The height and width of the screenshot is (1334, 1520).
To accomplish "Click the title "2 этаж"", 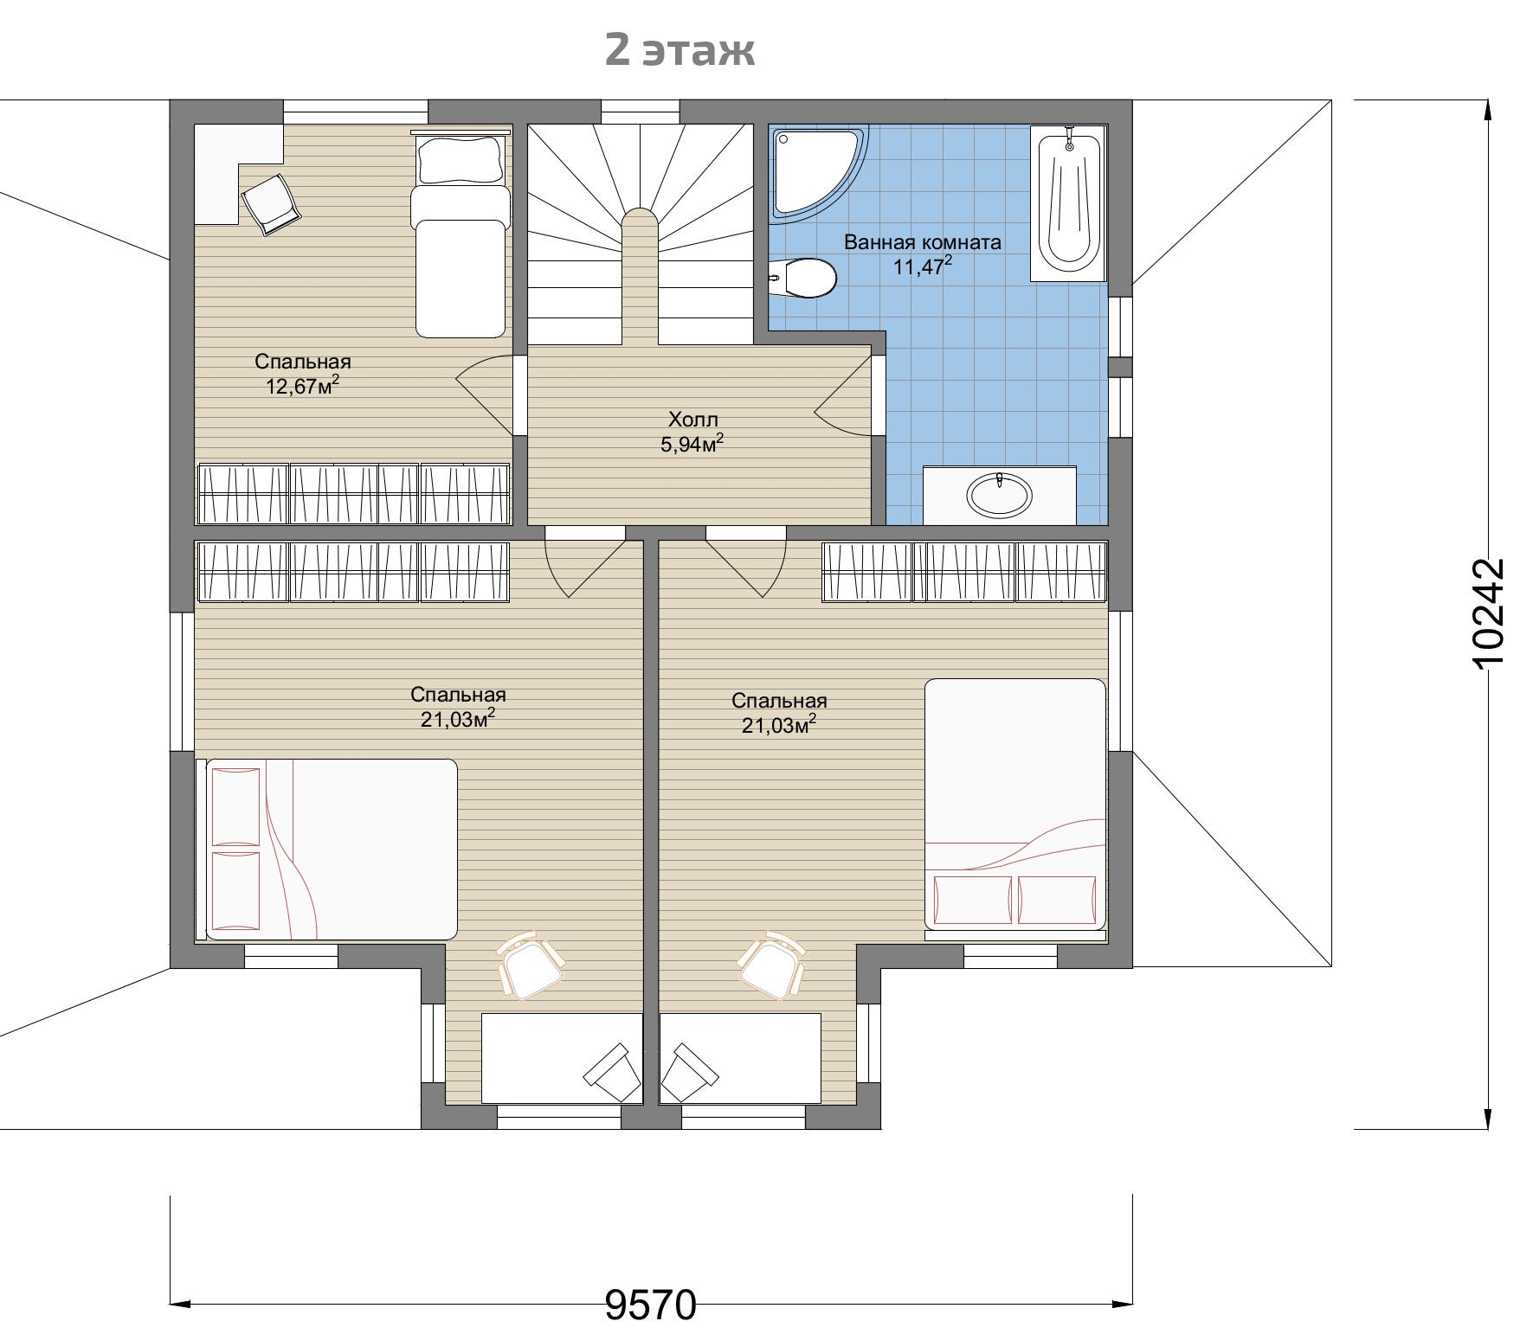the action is pyautogui.click(x=679, y=49).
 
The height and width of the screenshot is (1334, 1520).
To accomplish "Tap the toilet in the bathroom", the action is pyautogui.click(x=802, y=278).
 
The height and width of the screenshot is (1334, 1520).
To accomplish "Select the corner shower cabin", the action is pyautogui.click(x=819, y=172).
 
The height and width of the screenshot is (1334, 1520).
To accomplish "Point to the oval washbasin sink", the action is pyautogui.click(x=1000, y=495).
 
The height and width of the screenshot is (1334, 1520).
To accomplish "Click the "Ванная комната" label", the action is pyautogui.click(x=923, y=242).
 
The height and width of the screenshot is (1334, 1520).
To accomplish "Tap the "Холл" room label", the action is pyautogui.click(x=692, y=420).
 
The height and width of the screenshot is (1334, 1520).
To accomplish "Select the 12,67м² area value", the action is pyautogui.click(x=302, y=386).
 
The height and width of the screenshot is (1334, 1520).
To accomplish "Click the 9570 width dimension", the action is pyautogui.click(x=650, y=1304).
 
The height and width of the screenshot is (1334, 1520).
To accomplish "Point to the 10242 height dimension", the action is pyautogui.click(x=1488, y=612).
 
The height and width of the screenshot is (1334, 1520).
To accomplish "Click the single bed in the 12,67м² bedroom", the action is pyautogui.click(x=460, y=234).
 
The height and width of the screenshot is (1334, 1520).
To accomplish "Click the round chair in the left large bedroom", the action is pyautogui.click(x=531, y=966).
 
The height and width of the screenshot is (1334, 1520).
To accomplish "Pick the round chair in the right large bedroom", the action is pyautogui.click(x=771, y=966).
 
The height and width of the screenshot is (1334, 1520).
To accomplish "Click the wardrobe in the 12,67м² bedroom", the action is pyautogui.click(x=354, y=494).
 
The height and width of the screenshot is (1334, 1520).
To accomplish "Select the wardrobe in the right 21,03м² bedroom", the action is pyautogui.click(x=964, y=571).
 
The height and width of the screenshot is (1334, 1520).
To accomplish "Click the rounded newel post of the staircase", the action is pyautogui.click(x=641, y=277).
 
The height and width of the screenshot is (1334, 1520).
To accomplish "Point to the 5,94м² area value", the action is pyautogui.click(x=692, y=445).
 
